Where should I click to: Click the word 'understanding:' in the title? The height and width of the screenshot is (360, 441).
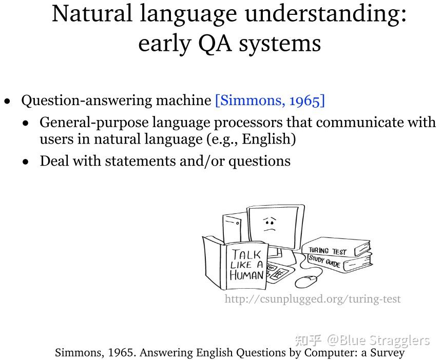pos(325,14)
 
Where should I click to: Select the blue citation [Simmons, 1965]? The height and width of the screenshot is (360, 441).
pos(270,100)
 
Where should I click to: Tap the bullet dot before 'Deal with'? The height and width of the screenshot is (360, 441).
pos(26,162)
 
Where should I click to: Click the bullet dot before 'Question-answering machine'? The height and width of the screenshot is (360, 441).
pos(7,101)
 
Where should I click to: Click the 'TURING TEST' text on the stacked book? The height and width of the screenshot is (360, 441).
pos(328,251)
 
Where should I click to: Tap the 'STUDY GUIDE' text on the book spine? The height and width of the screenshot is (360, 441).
pos(324,261)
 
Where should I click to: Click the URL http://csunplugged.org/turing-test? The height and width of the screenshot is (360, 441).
pos(312,298)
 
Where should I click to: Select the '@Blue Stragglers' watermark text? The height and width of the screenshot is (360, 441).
pos(379,340)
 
